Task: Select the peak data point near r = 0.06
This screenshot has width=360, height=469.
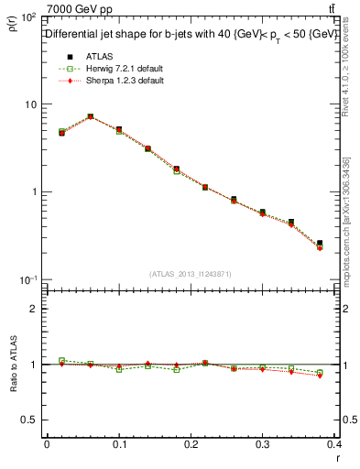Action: pyautogui.click(x=91, y=116)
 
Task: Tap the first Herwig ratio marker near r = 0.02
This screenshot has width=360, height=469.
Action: pyautogui.click(x=61, y=361)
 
